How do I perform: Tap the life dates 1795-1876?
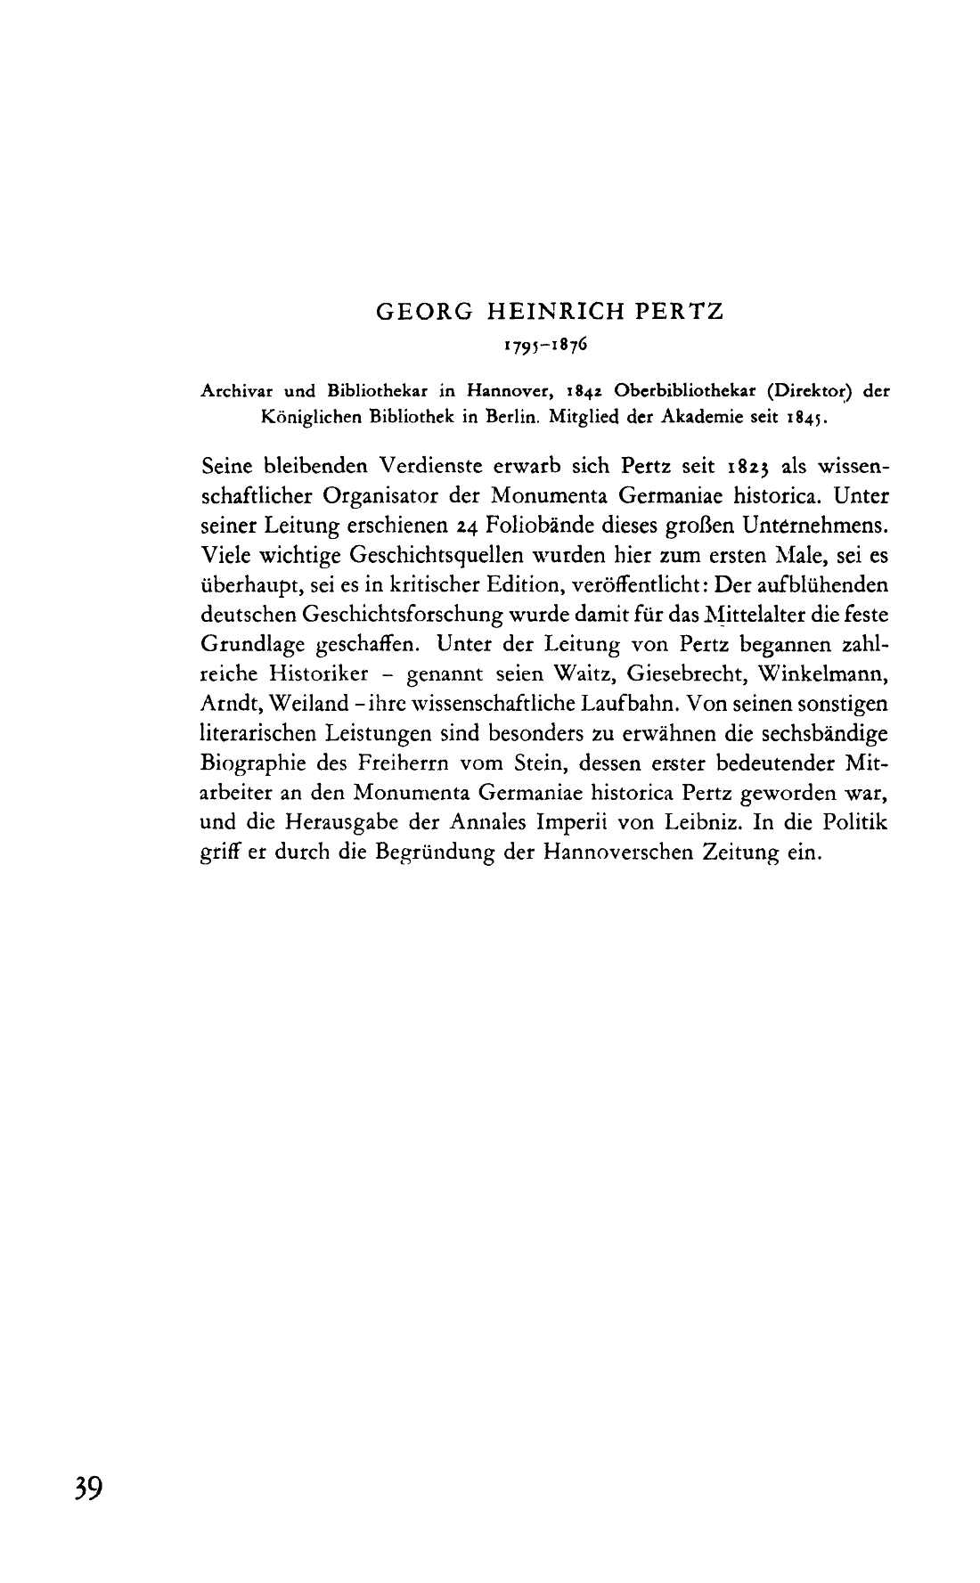click(x=545, y=343)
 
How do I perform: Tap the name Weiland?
click(x=290, y=703)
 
